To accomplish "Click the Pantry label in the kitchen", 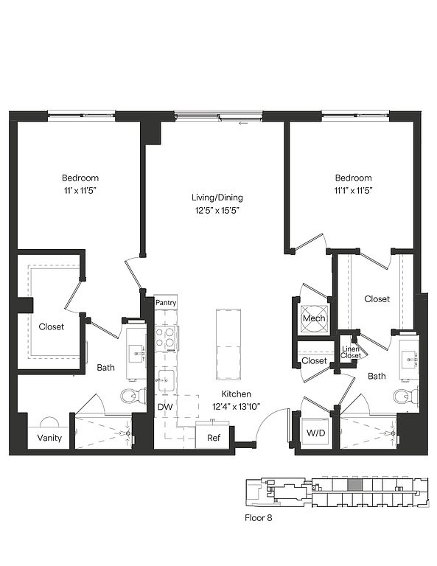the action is click(x=166, y=302).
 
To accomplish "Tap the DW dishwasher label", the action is click(x=165, y=407).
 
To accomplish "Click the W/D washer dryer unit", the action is click(x=315, y=433).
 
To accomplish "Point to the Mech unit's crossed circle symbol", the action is click(x=315, y=318).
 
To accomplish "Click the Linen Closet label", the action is click(x=350, y=352).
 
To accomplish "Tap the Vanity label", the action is click(x=49, y=438).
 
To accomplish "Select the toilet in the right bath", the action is click(x=405, y=396).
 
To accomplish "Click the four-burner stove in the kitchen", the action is click(x=166, y=338).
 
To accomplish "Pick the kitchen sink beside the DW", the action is click(x=166, y=380).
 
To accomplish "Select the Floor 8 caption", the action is click(x=259, y=518).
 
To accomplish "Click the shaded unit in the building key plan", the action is click(x=354, y=485).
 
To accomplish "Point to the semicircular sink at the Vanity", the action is click(x=49, y=422).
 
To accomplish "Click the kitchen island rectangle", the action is click(x=228, y=344).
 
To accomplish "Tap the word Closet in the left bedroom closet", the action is click(x=52, y=326).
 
